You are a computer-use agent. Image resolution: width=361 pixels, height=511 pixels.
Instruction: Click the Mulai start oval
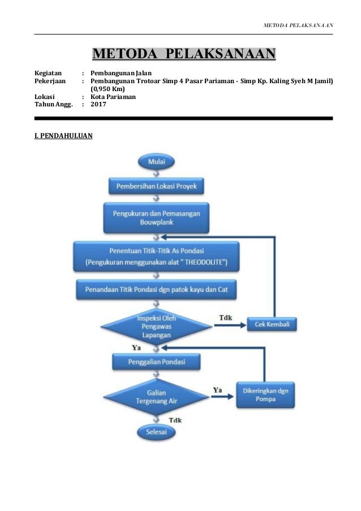point(156,162)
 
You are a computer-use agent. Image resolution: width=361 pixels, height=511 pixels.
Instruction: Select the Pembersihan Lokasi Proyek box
point(156,186)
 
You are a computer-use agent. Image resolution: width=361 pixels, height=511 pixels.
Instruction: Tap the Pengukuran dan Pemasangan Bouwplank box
point(156,218)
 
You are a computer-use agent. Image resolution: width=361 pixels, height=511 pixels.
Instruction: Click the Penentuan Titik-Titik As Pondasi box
point(156,256)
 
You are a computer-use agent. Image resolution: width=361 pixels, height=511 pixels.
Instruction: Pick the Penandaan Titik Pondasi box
point(156,289)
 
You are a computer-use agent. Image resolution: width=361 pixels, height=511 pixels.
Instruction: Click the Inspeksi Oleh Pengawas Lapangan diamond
point(156,326)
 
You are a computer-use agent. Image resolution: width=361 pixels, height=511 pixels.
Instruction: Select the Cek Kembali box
point(272,324)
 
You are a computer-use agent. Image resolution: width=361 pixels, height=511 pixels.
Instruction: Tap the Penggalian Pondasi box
point(156,362)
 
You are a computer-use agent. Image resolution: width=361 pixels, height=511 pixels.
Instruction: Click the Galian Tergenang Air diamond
point(156,397)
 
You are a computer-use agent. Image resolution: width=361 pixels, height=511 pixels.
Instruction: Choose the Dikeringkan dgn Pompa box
point(265,394)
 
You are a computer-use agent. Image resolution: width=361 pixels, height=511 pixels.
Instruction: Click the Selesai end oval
point(156,432)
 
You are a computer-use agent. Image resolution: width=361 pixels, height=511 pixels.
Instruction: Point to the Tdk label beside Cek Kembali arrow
point(226,317)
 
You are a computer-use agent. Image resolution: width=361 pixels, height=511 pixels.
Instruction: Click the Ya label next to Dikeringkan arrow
point(218,390)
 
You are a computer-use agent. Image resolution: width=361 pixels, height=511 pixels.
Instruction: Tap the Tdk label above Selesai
point(175,420)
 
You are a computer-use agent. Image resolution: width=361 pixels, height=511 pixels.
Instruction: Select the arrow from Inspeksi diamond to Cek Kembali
point(230,325)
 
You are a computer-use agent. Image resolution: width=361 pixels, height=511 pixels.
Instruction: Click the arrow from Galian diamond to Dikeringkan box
point(223,397)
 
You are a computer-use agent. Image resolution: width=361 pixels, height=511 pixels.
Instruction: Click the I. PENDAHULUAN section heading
point(63,136)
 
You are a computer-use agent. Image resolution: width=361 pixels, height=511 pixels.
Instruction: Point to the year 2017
point(98,104)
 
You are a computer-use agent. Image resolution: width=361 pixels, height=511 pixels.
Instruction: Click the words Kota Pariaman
point(113,97)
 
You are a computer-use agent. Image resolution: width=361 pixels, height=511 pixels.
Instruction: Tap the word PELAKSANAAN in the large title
point(221,54)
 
